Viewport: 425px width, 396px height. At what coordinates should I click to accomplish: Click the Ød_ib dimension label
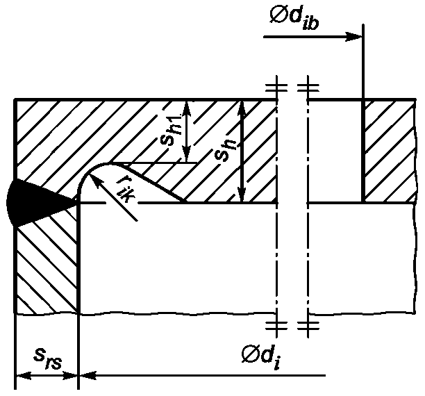pos(294,17)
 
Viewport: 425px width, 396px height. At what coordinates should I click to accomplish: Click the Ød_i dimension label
pos(260,356)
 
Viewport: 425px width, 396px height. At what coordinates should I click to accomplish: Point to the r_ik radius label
pos(125,191)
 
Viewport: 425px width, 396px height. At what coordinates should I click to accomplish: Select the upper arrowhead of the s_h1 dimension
pos(186,108)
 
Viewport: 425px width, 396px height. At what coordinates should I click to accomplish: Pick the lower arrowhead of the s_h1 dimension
pos(186,154)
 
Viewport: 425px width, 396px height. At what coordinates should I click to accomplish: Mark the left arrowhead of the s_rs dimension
pos(24,376)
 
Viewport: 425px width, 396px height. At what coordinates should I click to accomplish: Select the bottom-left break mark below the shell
pos(276,326)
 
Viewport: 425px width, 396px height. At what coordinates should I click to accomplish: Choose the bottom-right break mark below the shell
pos(308,326)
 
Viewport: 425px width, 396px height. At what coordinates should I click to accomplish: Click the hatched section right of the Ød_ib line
pos(390,151)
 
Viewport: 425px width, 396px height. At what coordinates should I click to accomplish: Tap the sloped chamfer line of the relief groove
pos(154,184)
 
